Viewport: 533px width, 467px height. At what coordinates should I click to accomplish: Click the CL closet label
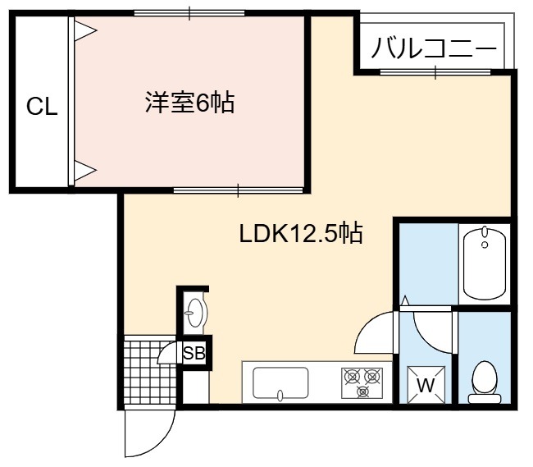pos(42,106)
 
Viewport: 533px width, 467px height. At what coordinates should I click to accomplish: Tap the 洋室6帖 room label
pos(190,102)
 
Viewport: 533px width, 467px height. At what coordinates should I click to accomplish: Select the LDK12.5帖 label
pos(301,233)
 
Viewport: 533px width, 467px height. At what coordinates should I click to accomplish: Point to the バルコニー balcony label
pos(434,49)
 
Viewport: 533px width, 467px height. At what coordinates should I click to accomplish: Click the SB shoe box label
pos(194,353)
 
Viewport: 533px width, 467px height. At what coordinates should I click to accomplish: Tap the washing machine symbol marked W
pos(426,384)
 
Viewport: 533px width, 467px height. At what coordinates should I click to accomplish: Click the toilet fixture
pos(485,382)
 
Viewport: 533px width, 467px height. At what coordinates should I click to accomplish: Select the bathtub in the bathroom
pos(485,264)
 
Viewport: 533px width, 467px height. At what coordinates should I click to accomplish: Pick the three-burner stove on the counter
pos(362,383)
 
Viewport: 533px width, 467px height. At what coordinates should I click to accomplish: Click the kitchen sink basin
pos(280,382)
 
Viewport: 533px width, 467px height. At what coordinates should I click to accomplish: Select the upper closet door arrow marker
pos(85,30)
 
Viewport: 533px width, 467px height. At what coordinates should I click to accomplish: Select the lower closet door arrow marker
pos(85,170)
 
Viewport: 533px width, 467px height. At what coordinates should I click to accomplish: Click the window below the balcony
pos(435,71)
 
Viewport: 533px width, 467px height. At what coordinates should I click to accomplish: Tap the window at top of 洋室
pos(189,13)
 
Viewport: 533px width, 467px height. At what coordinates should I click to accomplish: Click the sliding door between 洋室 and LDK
pos(238,190)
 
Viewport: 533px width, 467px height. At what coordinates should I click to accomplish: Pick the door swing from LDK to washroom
pos(374,332)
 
